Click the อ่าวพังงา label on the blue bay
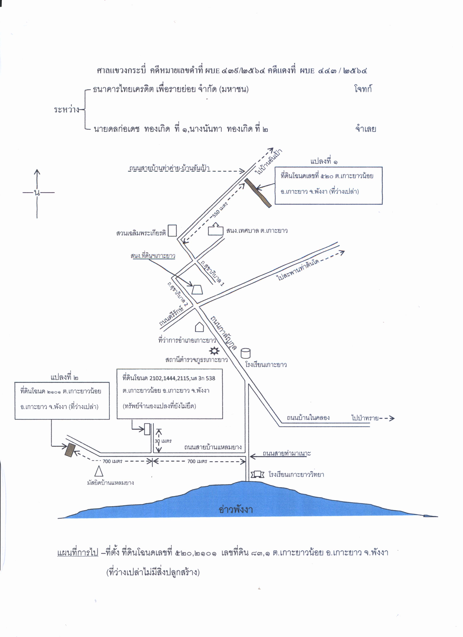[235, 509]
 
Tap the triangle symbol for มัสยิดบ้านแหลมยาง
[99, 471]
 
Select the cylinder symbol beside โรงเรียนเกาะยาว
[245, 353]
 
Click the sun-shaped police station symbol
[214, 351]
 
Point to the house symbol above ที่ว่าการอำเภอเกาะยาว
[199, 327]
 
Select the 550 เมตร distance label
[220, 210]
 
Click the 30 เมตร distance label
[163, 441]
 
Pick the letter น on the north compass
[37, 193]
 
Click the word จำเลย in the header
[365, 129]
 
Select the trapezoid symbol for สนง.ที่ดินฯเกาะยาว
[197, 290]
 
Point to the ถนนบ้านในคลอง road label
[308, 418]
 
